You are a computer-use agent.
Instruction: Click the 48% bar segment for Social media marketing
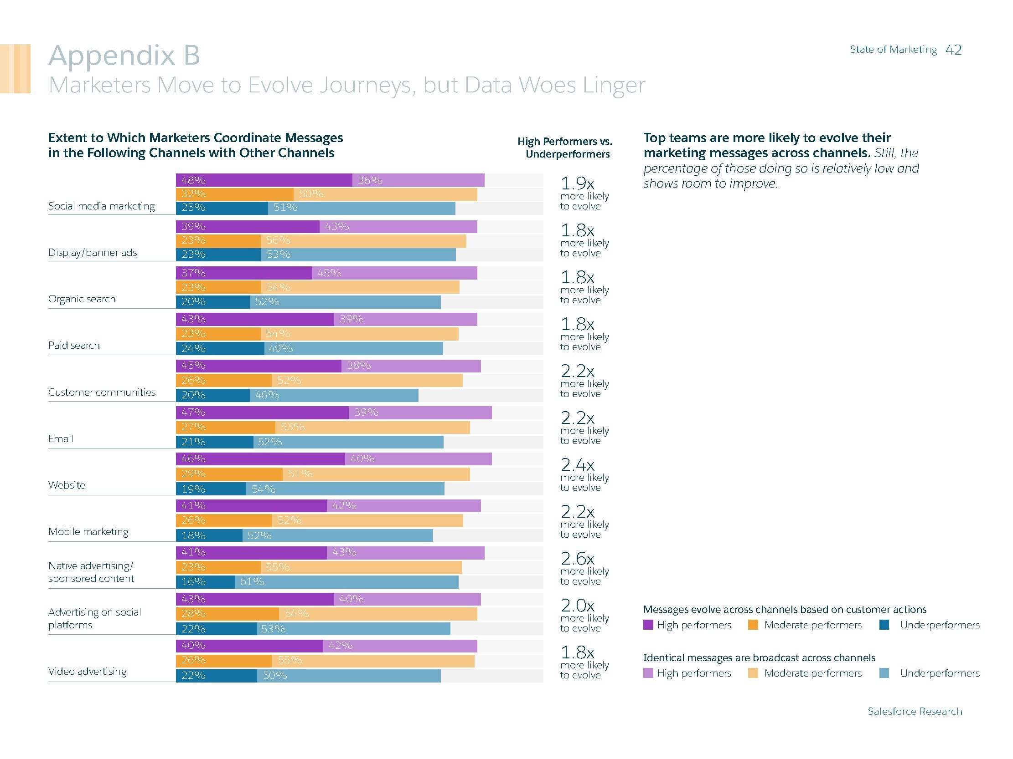click(x=264, y=180)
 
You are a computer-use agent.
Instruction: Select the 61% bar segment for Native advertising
click(x=346, y=582)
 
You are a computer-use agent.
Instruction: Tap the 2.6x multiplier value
click(x=578, y=559)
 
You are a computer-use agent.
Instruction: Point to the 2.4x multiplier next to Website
click(x=578, y=465)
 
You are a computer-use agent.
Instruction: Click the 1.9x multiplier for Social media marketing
click(x=578, y=183)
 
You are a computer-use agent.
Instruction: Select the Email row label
click(x=61, y=439)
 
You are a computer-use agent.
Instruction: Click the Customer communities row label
click(x=102, y=392)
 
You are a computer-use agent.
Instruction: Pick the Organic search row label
click(x=82, y=299)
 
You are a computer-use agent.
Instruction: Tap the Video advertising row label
click(x=88, y=671)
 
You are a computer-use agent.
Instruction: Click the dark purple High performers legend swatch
click(x=648, y=625)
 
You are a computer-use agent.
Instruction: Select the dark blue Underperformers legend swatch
click(x=884, y=625)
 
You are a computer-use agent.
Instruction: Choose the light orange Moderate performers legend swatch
click(x=753, y=673)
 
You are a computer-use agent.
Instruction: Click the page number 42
click(x=953, y=50)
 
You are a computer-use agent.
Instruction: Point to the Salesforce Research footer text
click(x=915, y=711)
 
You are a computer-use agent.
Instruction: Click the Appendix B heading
click(x=124, y=56)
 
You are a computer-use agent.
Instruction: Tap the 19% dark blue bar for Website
click(x=211, y=489)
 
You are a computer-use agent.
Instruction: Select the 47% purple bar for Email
click(x=262, y=413)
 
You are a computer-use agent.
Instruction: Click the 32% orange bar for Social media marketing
click(x=234, y=194)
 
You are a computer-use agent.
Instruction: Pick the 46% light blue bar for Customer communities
click(x=334, y=395)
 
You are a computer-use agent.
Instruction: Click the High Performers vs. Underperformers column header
click(x=565, y=148)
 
